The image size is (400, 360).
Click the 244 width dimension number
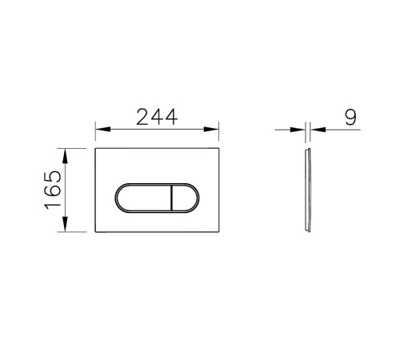click(157, 117)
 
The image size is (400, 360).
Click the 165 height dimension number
click(53, 190)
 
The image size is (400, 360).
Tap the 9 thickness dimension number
click(350, 117)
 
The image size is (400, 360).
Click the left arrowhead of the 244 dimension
click(103, 129)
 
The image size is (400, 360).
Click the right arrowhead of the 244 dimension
click(211, 129)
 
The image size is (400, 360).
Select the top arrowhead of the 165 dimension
click(65, 156)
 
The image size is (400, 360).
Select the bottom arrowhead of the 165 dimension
click(65, 224)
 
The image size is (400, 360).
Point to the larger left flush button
click(144, 198)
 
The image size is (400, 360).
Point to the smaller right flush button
click(185, 198)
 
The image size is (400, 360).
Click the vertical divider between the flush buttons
click(172, 198)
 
